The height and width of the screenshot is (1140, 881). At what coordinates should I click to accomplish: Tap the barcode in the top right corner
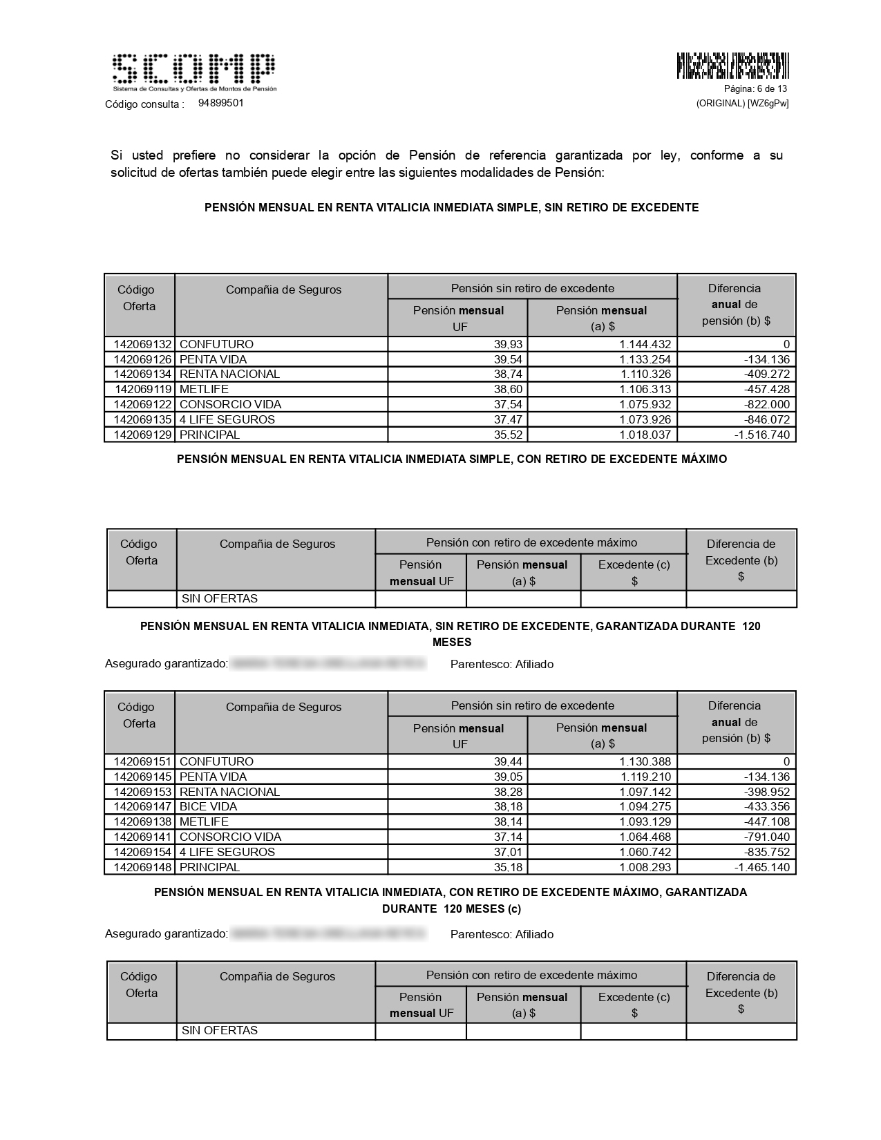(x=732, y=66)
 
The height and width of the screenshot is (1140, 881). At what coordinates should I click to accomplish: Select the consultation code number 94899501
(x=220, y=103)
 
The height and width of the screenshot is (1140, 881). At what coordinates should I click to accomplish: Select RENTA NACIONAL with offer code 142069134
(x=229, y=374)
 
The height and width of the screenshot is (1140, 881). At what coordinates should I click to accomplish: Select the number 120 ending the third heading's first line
(x=750, y=626)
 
